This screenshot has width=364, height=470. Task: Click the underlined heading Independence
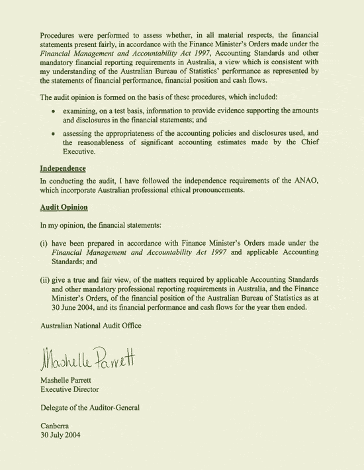click(x=63, y=168)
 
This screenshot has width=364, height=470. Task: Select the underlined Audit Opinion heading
click(x=64, y=207)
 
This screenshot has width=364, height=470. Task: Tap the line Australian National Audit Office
click(x=91, y=325)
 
